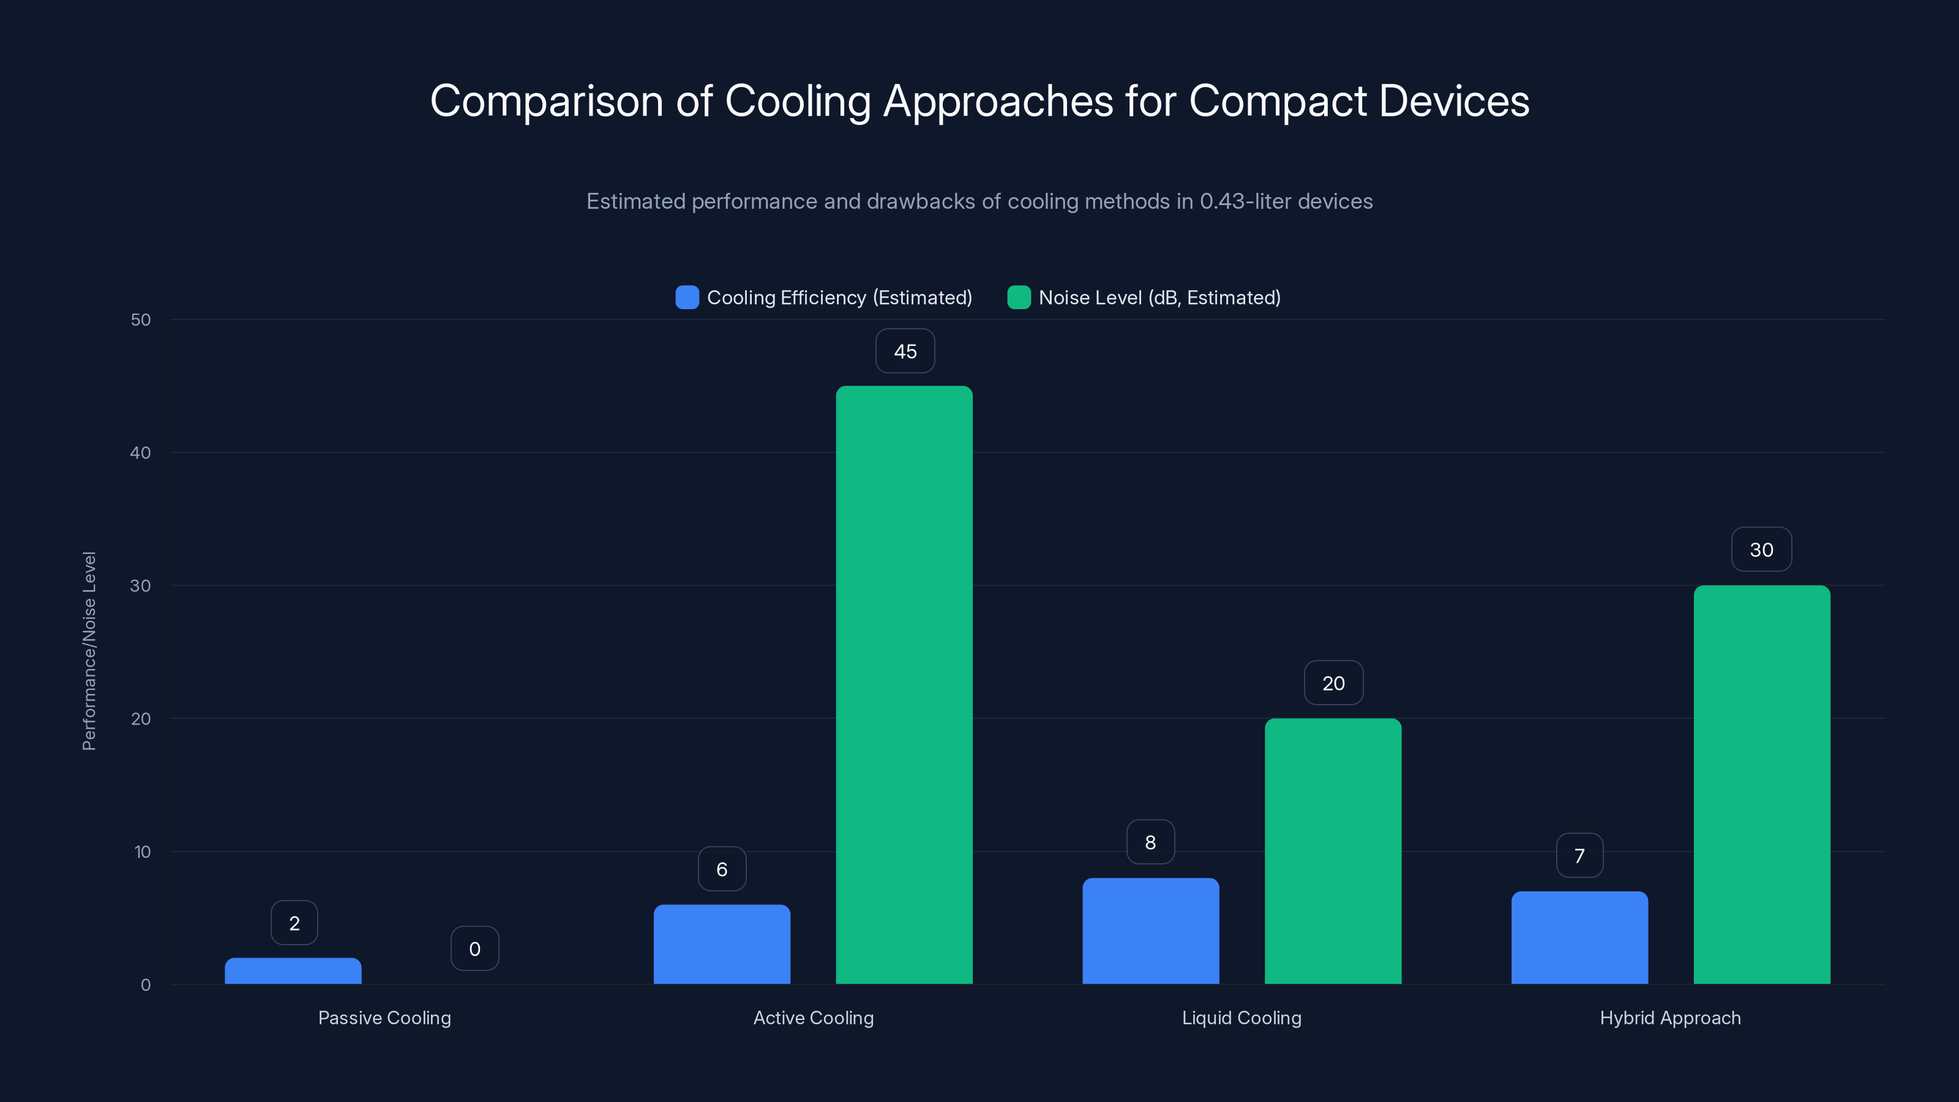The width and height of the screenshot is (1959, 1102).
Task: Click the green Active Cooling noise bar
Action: click(904, 684)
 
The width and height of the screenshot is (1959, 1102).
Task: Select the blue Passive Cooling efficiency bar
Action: click(293, 971)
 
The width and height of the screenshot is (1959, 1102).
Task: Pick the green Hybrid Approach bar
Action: click(1761, 784)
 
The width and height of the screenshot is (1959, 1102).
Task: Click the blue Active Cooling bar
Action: click(722, 944)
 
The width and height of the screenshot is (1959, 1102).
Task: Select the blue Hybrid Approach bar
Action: click(1579, 938)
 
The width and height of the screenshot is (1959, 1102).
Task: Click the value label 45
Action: click(905, 351)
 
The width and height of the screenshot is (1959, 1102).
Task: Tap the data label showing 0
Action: click(474, 948)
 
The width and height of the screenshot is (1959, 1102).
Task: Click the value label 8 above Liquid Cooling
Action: click(1150, 842)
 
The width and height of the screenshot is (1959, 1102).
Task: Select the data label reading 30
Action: click(1761, 550)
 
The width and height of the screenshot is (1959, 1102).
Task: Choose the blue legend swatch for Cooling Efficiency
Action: click(687, 298)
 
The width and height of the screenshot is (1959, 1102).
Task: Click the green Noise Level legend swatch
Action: click(1018, 298)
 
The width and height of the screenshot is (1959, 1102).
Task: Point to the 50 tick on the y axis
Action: click(141, 320)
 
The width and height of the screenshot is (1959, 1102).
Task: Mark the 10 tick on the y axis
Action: click(142, 852)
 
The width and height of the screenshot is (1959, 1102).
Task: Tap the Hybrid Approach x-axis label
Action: click(1670, 1018)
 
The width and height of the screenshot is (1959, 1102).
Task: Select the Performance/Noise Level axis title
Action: click(89, 651)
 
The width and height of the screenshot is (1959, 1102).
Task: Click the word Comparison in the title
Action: click(546, 101)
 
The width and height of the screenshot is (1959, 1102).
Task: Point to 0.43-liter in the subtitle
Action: click(1245, 201)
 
